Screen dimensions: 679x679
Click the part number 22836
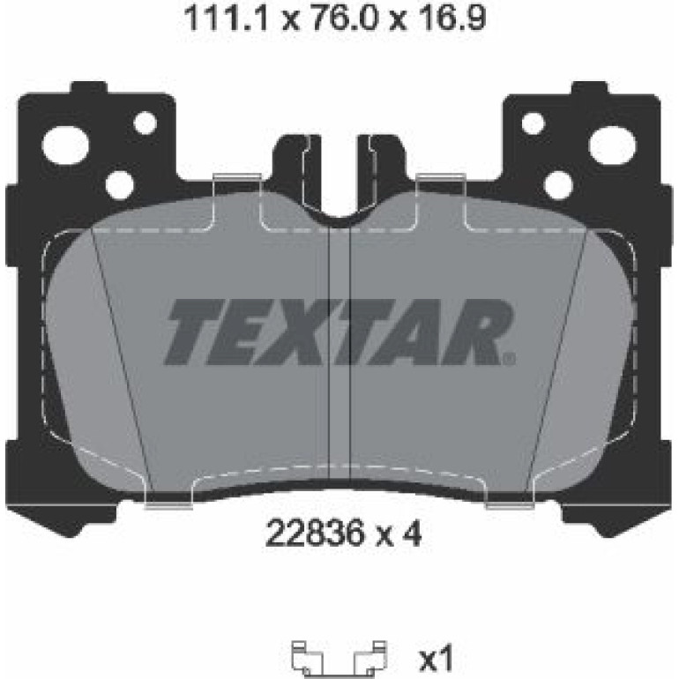click(x=313, y=533)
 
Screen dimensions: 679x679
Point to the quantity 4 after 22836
click(x=412, y=533)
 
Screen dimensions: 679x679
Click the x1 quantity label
click(x=436, y=658)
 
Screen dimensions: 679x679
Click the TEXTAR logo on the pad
click(x=339, y=332)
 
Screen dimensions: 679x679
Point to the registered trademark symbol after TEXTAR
click(x=510, y=359)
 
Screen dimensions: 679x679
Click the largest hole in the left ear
click(x=65, y=145)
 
